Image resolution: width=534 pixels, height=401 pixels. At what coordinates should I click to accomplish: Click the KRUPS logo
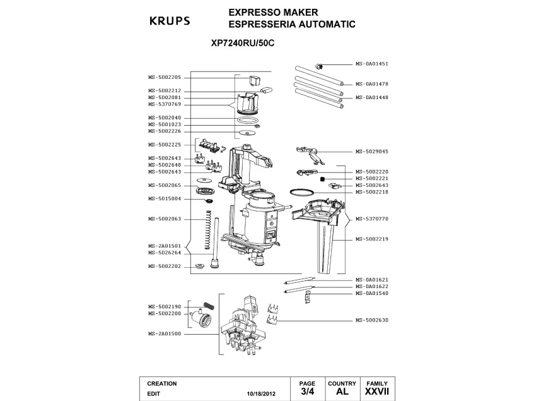(169, 21)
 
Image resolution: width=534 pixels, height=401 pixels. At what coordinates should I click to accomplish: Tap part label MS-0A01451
(371, 64)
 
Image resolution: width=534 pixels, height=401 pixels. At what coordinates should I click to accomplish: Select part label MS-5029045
(371, 152)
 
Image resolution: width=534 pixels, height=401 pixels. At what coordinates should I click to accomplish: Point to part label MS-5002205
(165, 77)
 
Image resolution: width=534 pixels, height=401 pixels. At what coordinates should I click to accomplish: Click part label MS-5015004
(165, 198)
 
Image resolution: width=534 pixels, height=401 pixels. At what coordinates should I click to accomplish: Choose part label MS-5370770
(371, 218)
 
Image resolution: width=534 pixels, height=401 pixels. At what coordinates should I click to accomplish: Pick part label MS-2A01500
(165, 333)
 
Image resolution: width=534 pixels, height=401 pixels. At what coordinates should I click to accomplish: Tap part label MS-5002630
(371, 320)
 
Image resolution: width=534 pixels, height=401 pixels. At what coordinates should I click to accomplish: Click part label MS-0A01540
(371, 293)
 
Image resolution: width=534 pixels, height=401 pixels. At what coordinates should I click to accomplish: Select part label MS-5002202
(165, 266)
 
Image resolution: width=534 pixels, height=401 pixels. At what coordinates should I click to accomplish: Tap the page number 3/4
(307, 392)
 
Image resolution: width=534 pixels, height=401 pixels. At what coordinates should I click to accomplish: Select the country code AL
(342, 392)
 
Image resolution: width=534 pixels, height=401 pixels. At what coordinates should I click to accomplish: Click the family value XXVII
(376, 392)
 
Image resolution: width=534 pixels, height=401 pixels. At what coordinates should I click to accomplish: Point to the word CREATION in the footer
(161, 383)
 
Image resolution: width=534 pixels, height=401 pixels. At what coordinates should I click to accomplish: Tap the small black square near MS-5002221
(322, 179)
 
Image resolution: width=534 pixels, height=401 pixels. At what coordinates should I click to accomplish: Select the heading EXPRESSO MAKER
(272, 12)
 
